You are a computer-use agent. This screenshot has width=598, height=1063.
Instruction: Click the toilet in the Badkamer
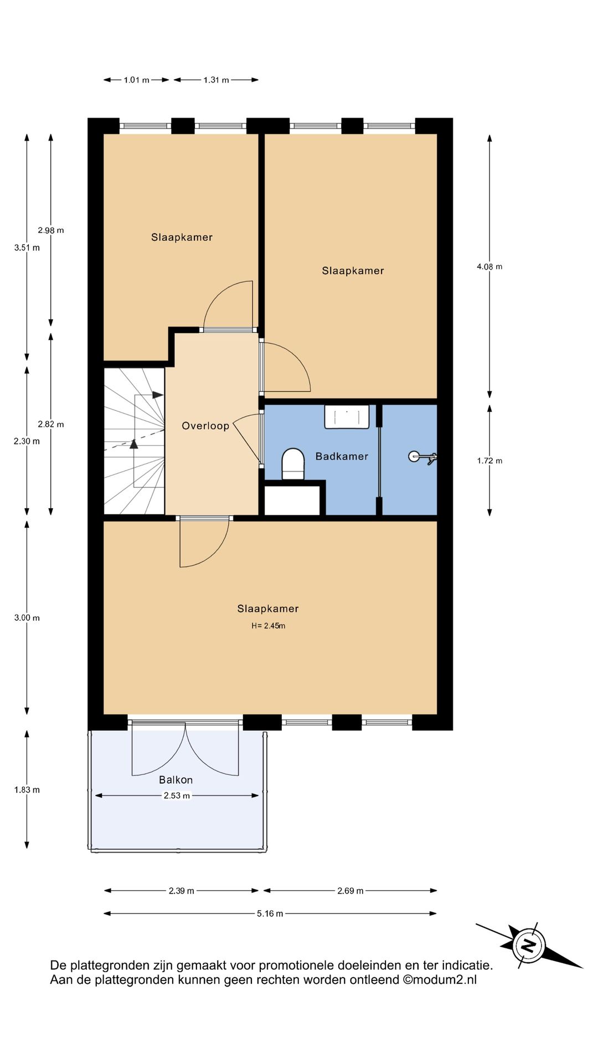tap(293, 464)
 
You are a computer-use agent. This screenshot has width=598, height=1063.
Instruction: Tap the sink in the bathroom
tap(347, 416)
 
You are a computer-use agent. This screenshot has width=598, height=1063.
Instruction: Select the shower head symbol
tap(422, 457)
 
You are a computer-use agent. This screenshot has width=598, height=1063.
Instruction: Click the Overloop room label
tap(205, 426)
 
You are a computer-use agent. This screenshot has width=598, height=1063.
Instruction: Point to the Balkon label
tap(176, 780)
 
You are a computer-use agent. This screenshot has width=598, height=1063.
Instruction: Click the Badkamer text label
tap(342, 456)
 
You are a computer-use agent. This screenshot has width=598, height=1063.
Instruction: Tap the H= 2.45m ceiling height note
tap(269, 626)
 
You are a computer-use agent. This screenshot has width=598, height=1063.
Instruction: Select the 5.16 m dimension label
tap(270, 914)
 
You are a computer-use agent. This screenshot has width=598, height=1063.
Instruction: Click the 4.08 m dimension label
tap(489, 266)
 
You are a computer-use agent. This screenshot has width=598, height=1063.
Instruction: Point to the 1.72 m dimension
tap(489, 461)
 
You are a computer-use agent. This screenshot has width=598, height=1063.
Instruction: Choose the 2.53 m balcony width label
tap(177, 796)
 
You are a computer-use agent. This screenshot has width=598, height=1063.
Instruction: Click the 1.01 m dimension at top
tap(136, 80)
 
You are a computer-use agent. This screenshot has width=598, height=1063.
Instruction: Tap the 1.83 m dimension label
tap(27, 789)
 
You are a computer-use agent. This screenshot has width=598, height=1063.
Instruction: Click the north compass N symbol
tap(529, 945)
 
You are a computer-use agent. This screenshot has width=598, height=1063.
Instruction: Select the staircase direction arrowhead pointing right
tap(158, 395)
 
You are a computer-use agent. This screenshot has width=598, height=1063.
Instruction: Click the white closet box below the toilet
tap(292, 500)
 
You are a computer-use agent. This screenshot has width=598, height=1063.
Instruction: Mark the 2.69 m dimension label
tap(350, 891)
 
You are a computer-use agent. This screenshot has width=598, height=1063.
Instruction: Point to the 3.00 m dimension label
tap(27, 617)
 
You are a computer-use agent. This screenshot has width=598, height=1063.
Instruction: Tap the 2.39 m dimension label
tap(182, 891)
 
